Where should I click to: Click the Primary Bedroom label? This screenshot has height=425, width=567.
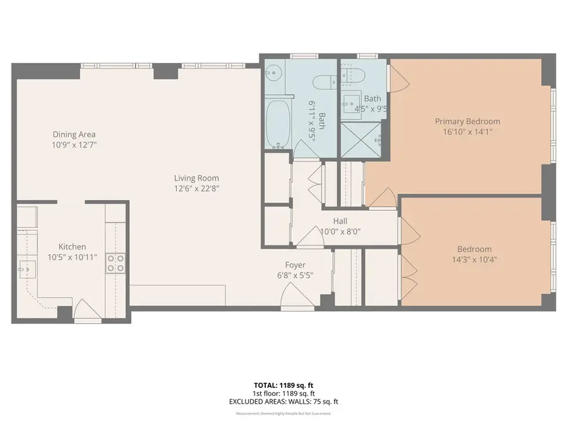coord(467,122)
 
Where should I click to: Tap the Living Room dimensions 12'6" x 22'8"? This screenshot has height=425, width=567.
coord(197,188)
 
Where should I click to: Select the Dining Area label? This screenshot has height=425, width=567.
coord(74,134)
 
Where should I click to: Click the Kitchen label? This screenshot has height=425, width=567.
coord(72,247)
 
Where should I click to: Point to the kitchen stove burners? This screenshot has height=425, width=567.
coord(115,263)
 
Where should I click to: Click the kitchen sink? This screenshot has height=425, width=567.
coord(26,269)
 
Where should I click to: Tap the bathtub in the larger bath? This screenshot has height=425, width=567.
coord(278,123)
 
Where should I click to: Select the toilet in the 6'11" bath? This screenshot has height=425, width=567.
coord(324,81)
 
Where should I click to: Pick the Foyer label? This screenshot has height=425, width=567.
coord(295,265)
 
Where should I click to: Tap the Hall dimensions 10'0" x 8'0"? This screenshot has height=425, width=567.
coord(340,231)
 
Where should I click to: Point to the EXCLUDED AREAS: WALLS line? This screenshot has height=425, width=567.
coord(283,402)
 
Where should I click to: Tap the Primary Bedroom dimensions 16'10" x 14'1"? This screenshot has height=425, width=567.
coord(467,132)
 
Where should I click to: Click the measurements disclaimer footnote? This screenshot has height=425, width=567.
coord(283,414)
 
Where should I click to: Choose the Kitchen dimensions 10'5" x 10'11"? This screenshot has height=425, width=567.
coord(72,258)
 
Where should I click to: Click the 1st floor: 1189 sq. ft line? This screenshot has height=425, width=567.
coord(283,393)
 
